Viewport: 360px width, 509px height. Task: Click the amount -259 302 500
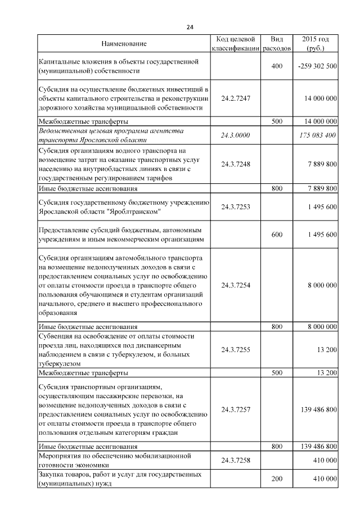pos(317,66)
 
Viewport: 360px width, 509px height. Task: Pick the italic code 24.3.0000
pos(236,135)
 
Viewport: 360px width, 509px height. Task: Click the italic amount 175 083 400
pos(317,135)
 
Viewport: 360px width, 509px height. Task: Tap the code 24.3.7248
pos(236,164)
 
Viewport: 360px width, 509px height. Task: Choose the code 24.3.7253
pos(236,207)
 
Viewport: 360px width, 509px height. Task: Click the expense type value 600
pos(277,234)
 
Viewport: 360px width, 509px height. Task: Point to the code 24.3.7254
pos(236,285)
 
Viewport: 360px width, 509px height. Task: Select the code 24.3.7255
pos(236,350)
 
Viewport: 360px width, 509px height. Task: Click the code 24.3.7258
pos(236,461)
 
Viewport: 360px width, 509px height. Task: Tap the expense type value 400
pos(277,66)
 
